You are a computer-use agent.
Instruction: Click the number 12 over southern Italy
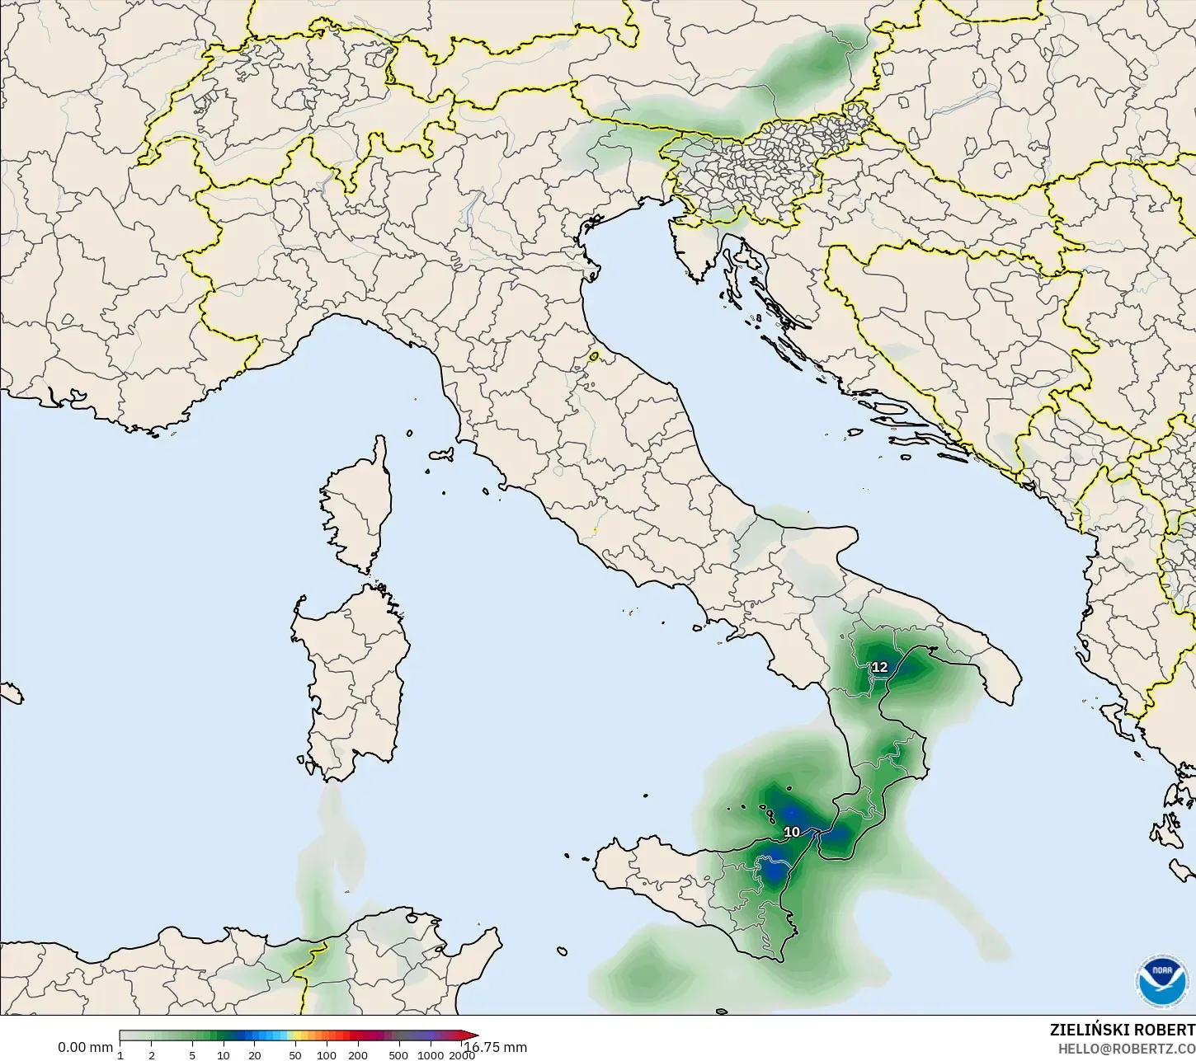pyautogui.click(x=880, y=667)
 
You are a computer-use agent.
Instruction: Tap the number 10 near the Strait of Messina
pyautogui.click(x=792, y=832)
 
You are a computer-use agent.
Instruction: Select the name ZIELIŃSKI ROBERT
pyautogui.click(x=1122, y=1030)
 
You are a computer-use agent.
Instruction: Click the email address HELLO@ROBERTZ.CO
pyautogui.click(x=1127, y=1049)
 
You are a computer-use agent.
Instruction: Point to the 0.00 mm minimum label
pyautogui.click(x=85, y=1047)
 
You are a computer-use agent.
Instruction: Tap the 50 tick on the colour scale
pyautogui.click(x=295, y=1055)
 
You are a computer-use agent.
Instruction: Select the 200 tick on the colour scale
pyautogui.click(x=357, y=1055)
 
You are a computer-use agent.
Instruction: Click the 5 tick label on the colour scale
pyautogui.click(x=192, y=1055)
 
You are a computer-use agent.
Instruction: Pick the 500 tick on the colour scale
pyautogui.click(x=398, y=1055)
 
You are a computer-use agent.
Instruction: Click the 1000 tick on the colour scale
pyautogui.click(x=431, y=1055)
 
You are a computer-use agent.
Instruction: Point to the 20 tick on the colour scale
pyautogui.click(x=254, y=1055)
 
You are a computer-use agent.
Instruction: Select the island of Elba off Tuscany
pyautogui.click(x=440, y=454)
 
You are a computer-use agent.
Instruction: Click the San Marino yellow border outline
pyautogui.click(x=594, y=357)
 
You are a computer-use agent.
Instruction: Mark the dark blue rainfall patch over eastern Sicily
pyautogui.click(x=774, y=870)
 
